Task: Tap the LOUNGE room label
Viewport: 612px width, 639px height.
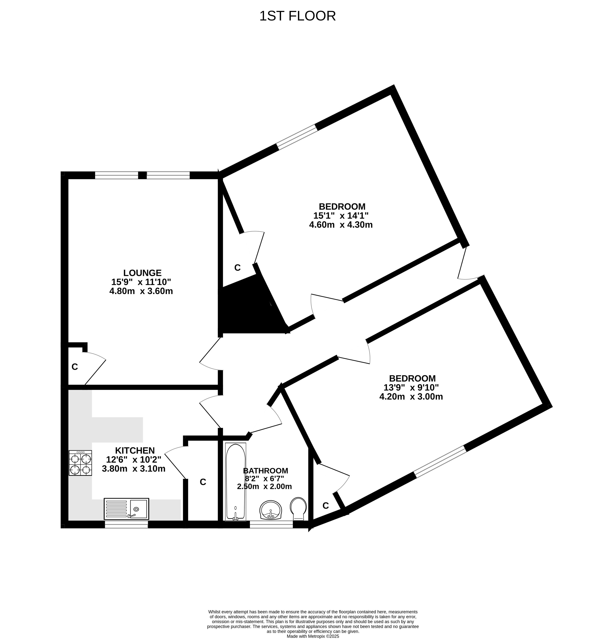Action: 142,273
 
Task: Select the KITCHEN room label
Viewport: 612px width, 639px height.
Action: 135,450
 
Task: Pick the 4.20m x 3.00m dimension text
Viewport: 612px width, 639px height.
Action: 411,396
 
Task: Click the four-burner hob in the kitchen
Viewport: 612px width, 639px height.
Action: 80,463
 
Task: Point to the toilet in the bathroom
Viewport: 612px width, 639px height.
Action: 298,509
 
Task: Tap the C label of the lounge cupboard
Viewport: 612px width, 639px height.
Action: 75,367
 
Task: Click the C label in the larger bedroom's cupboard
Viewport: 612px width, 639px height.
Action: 238,268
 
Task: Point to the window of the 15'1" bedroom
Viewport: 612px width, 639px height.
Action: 297,137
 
